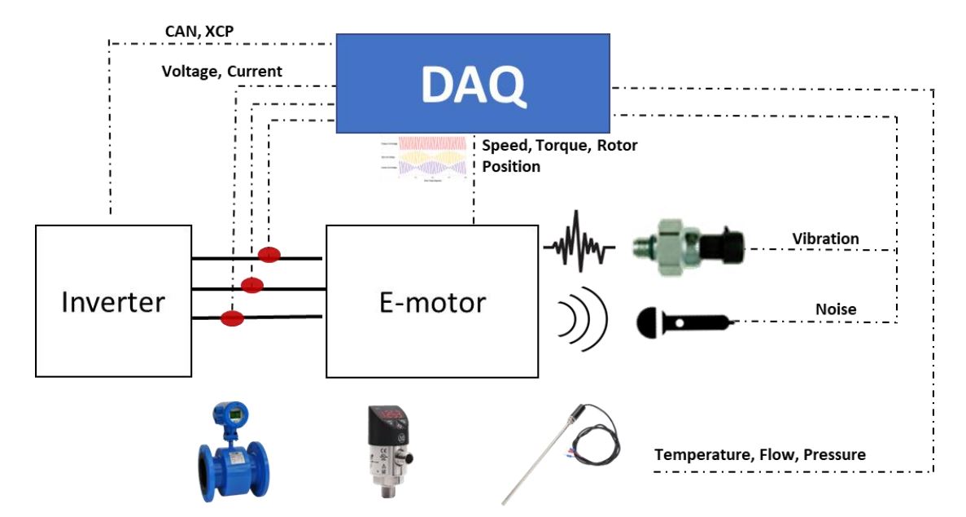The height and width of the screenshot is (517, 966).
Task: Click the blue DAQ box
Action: tap(473, 83)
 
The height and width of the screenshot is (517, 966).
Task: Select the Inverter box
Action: tap(114, 301)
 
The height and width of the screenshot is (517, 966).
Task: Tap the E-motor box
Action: tap(432, 301)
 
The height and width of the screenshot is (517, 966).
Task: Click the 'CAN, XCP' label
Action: tap(200, 32)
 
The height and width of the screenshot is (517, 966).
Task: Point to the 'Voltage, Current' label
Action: tap(222, 72)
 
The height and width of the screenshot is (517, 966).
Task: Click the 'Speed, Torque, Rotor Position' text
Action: tap(559, 156)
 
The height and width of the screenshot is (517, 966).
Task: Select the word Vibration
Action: tap(825, 239)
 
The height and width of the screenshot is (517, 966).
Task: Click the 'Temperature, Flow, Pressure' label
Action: tap(760, 454)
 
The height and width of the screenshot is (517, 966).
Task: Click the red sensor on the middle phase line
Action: tap(253, 284)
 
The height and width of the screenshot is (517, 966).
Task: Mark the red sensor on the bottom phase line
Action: tap(233, 318)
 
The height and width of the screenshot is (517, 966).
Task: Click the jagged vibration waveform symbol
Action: tap(579, 240)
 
